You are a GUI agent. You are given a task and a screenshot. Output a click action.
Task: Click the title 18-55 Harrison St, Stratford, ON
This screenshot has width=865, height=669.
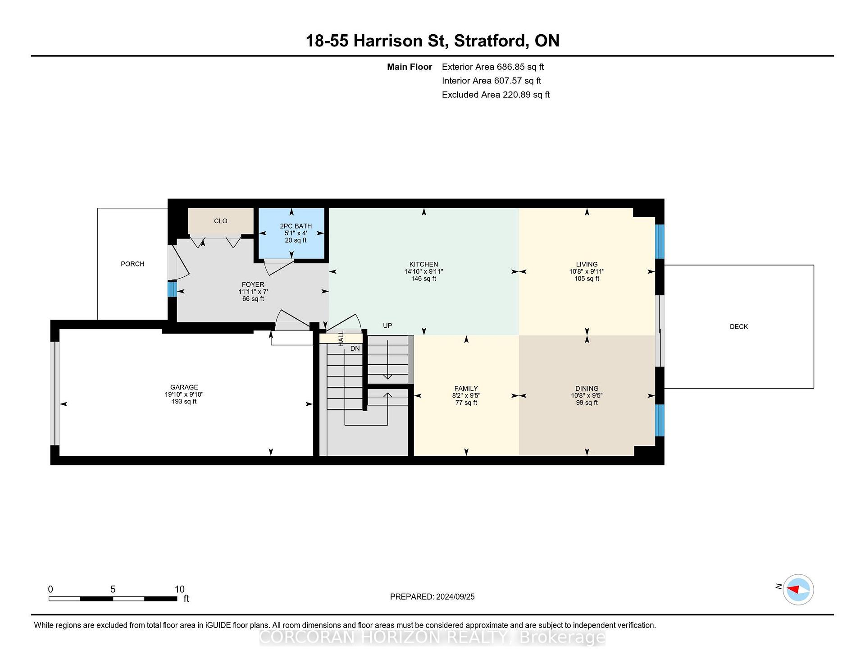[432, 41]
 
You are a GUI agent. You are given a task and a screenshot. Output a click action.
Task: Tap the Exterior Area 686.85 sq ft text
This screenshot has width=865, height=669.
[493, 67]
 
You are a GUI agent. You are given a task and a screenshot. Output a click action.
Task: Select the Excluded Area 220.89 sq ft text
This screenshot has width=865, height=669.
[496, 95]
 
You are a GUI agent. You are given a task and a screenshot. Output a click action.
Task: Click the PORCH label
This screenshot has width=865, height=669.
[132, 264]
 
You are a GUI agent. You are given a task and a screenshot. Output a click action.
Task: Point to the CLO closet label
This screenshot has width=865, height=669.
[221, 221]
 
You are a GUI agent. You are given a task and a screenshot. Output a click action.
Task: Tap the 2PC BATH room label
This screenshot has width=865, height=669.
[296, 226]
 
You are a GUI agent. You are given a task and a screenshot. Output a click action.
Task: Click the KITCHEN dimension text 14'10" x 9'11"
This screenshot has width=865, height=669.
[423, 271]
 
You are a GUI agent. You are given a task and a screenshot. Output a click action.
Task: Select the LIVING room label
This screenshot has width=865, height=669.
[587, 265]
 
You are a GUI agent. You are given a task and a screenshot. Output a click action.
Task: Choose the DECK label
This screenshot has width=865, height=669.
[739, 326]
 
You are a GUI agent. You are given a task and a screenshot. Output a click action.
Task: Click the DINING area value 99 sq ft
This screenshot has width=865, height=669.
[587, 403]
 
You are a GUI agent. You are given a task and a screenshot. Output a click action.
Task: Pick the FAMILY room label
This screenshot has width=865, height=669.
[466, 389]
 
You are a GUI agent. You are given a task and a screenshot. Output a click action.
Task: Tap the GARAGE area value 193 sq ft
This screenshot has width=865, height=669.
[184, 401]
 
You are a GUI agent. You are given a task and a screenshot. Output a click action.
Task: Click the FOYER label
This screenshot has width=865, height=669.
[253, 285]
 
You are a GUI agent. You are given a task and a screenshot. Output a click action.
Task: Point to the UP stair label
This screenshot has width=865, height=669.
[387, 325]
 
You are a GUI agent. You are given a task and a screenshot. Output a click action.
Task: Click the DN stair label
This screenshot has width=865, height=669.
[355, 348]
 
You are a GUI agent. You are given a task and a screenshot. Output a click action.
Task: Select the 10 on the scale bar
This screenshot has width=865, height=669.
[180, 589]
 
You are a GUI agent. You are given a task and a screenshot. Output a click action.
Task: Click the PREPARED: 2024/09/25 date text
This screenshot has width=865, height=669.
[432, 597]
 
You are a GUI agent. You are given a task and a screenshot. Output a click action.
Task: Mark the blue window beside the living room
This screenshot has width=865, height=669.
[660, 242]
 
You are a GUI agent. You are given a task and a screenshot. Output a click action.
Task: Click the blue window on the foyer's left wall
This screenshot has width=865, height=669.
[172, 289]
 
